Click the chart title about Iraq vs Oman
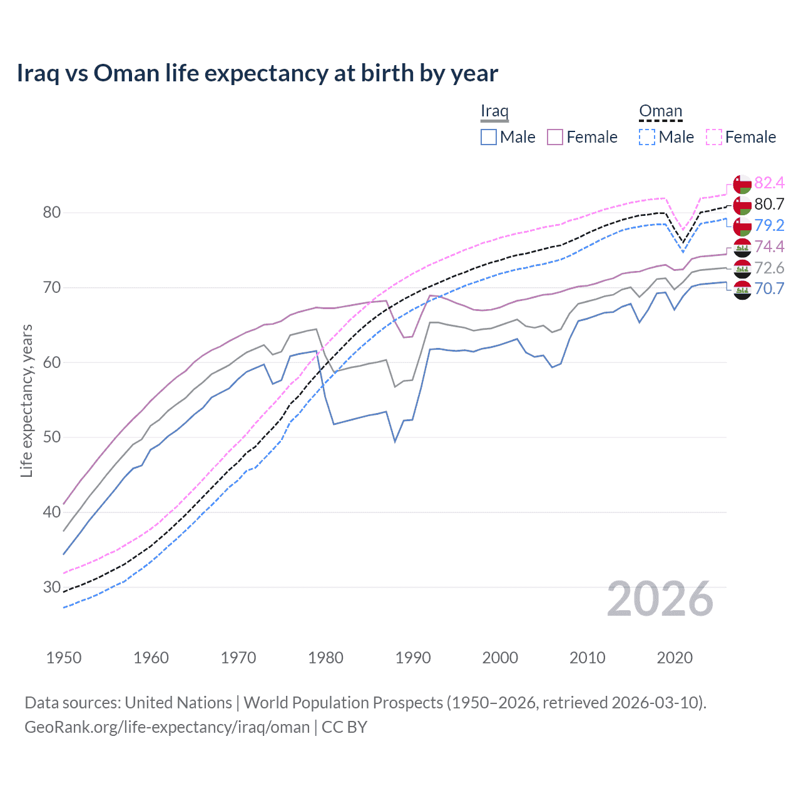point(257,73)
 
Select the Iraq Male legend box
point(489,137)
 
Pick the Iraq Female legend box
point(555,137)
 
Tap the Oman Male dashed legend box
point(647,137)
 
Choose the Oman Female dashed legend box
point(714,137)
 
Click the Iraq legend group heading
point(494,111)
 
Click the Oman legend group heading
point(660,111)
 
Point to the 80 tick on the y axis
point(52,213)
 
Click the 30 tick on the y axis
point(52,587)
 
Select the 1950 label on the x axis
point(64,658)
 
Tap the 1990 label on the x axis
point(413,658)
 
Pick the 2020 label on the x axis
point(675,658)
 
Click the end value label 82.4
point(769,183)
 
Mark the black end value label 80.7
point(769,204)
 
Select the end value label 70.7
point(769,288)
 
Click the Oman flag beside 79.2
point(742,226)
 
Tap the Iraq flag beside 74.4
point(742,247)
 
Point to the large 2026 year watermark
point(660,599)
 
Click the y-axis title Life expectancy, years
point(27,400)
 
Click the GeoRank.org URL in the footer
point(167,727)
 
